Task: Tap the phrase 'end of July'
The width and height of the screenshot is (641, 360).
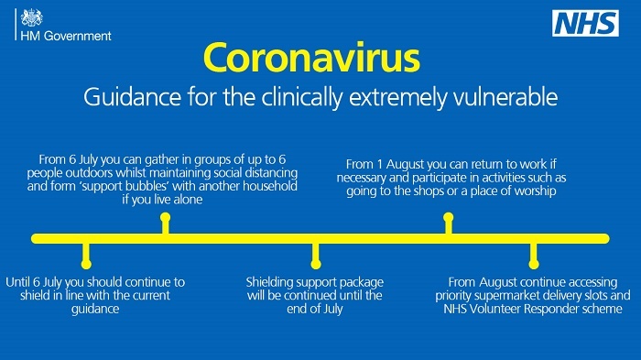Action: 314,310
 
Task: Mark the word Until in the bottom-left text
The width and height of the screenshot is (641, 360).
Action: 20,282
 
